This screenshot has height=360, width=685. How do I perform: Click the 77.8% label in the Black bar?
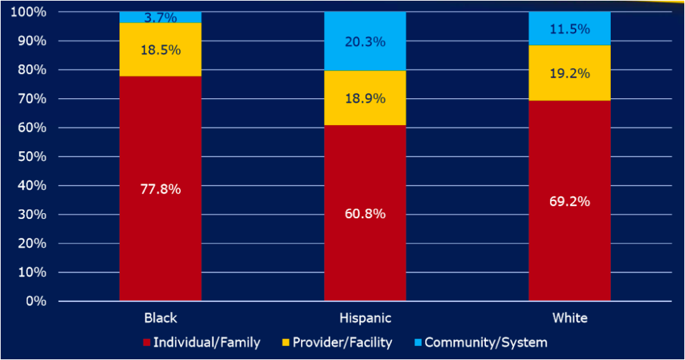160,189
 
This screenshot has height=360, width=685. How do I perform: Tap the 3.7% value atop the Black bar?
160,18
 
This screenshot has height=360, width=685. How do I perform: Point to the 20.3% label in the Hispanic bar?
365,42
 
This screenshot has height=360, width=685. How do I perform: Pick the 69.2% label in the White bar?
570,201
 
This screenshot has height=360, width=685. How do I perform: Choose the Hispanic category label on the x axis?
365,318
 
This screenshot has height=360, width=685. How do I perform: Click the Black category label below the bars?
160,318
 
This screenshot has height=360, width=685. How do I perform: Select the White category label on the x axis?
570,318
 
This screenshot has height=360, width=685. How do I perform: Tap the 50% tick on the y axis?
32,157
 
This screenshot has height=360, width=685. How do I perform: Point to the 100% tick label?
29,13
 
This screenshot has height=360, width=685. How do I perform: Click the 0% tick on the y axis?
35,301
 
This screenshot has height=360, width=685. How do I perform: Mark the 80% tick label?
32,70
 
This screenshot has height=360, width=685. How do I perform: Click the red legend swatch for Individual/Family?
147,343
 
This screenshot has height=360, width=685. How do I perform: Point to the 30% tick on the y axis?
32,215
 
